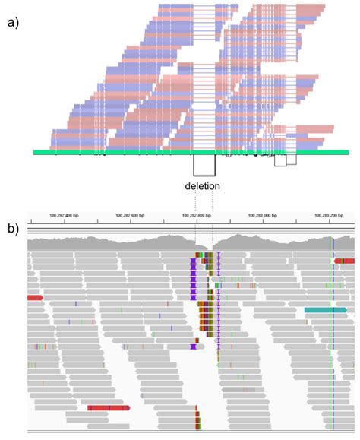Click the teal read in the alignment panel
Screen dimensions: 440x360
click(x=325, y=310)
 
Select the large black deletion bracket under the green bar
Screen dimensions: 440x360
click(x=204, y=166)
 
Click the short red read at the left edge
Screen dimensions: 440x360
click(x=35, y=298)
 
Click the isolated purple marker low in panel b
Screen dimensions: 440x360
click(x=194, y=347)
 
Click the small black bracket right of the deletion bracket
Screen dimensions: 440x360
click(x=280, y=160)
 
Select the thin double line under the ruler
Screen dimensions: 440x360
click(x=190, y=229)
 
